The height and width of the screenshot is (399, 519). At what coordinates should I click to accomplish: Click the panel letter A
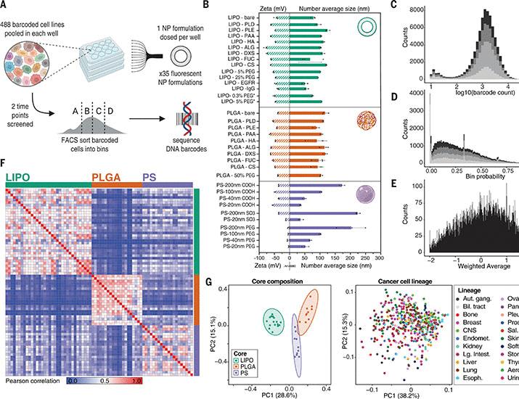6,6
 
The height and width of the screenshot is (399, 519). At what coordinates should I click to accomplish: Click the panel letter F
6,164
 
